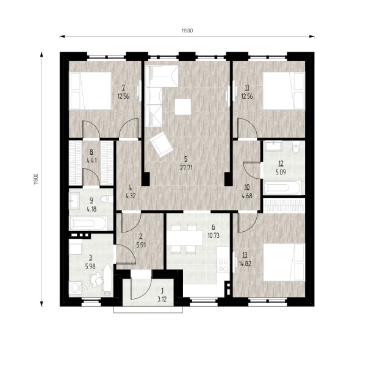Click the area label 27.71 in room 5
click(186, 168)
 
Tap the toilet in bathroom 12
click(296, 147)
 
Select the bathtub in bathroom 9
click(88, 223)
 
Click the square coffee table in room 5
click(183, 107)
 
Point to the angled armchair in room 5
click(162, 145)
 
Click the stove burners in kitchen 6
click(223, 265)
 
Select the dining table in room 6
click(185, 239)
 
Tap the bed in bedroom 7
click(90, 90)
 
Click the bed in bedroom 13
click(284, 262)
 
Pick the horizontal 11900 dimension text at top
click(187, 30)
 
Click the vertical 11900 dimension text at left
click(35, 179)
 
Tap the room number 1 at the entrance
click(162, 290)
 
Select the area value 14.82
click(245, 264)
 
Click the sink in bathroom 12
click(273, 146)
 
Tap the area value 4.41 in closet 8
click(91, 160)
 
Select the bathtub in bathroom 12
click(282, 188)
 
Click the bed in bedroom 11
click(284, 90)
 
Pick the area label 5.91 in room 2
click(141, 245)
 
